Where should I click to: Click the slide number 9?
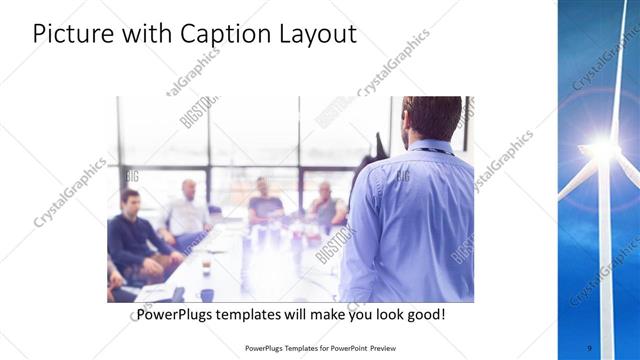click(588, 347)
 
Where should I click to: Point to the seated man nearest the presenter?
click(325, 205)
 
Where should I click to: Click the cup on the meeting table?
click(205, 267)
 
